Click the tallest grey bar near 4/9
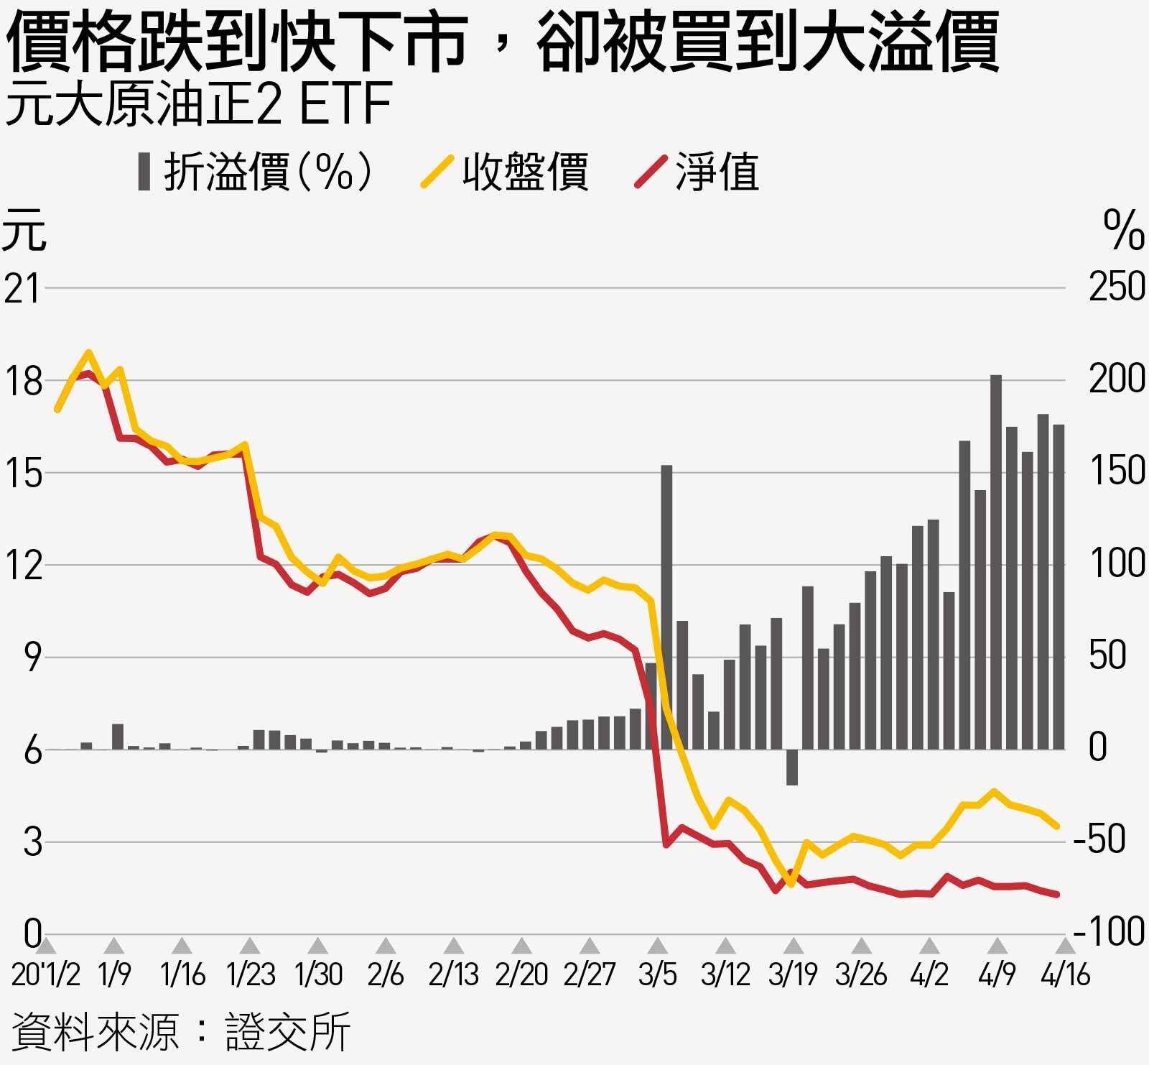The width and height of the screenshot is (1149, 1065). click(x=995, y=561)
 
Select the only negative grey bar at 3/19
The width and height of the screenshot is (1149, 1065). click(x=791, y=767)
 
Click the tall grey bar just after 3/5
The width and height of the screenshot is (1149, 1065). click(x=666, y=607)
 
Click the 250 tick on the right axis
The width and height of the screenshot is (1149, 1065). click(x=1117, y=288)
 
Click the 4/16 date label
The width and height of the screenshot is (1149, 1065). click(x=1066, y=974)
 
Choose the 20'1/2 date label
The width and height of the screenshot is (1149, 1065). click(x=46, y=974)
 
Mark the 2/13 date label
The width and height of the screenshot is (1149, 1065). click(x=453, y=974)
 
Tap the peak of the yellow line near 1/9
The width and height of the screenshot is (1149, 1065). click(x=89, y=352)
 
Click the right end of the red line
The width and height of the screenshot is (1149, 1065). click(x=1057, y=895)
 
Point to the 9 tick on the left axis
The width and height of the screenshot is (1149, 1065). click(x=32, y=657)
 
